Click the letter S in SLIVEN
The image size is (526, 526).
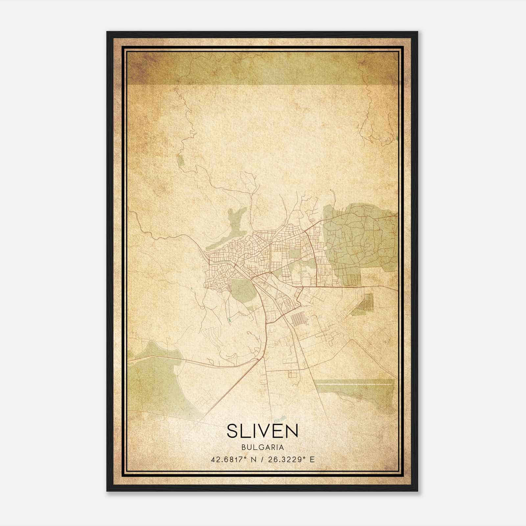click(x=232, y=431)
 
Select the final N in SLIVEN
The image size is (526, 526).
click(x=292, y=431)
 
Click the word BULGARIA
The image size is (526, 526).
click(x=262, y=447)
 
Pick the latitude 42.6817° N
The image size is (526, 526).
click(x=233, y=459)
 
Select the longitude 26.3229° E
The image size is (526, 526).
click(x=291, y=459)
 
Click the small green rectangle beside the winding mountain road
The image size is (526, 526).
click(x=180, y=161)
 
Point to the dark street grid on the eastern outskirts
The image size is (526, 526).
click(x=366, y=302)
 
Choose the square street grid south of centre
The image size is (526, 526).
click(x=299, y=319)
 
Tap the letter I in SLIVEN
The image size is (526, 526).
click(x=252, y=431)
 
